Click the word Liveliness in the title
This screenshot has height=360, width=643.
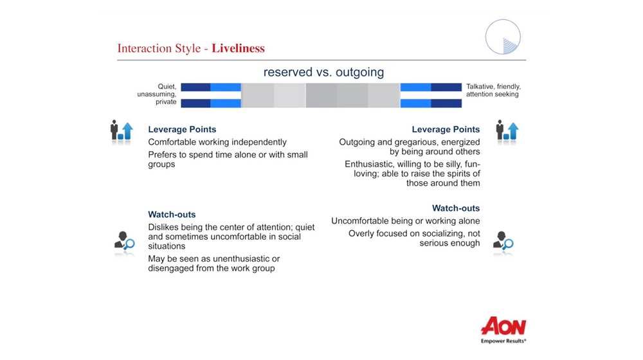(238, 48)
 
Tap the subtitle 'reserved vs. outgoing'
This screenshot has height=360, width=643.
(323, 72)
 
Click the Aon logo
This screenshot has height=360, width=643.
(503, 326)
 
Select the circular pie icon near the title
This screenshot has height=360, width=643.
(503, 37)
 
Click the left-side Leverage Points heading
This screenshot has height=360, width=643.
(182, 130)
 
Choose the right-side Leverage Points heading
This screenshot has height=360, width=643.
(446, 130)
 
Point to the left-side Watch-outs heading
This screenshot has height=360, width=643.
(172, 215)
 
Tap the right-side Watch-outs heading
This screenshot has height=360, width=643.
(456, 208)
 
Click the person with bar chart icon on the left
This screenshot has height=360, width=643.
(122, 131)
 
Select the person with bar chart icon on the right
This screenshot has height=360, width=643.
(507, 131)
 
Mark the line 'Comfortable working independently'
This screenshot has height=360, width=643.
(217, 142)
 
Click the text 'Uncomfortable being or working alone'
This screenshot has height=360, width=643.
(406, 221)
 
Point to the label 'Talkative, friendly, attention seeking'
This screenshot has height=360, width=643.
(493, 90)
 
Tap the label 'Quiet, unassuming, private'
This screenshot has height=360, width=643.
(157, 94)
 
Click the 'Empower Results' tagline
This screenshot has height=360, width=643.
(503, 341)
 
